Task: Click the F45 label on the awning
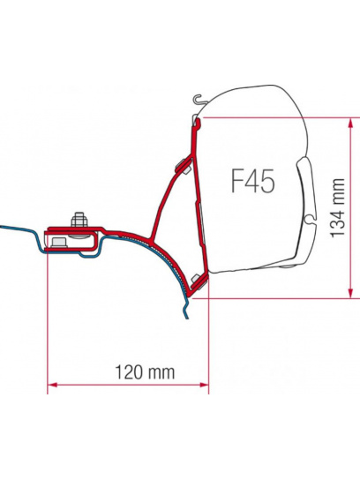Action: [x=252, y=181]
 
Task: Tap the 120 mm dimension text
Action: [x=145, y=372]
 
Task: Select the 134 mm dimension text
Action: [x=338, y=208]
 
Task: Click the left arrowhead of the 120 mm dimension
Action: [x=52, y=385]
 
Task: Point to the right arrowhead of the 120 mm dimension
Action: [x=204, y=385]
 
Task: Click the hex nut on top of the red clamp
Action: [x=79, y=220]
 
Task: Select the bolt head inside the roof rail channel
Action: [x=59, y=243]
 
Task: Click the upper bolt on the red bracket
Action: [x=184, y=166]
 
